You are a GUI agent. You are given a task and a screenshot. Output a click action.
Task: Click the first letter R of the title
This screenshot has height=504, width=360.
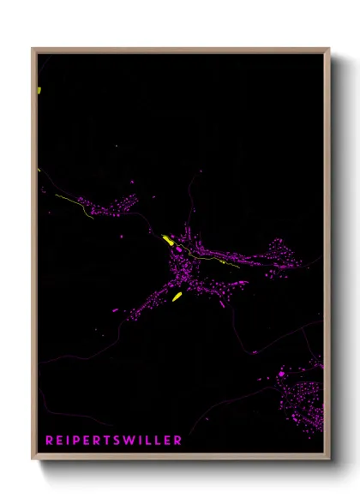[x=50, y=441]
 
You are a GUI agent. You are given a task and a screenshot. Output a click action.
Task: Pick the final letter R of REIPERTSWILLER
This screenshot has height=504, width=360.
[x=177, y=441]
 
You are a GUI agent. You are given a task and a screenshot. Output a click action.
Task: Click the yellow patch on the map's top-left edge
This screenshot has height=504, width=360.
[x=39, y=89]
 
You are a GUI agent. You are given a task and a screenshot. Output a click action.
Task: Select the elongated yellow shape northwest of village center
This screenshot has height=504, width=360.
[x=169, y=241]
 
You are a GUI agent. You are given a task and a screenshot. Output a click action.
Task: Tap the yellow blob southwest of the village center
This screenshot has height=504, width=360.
[x=177, y=297]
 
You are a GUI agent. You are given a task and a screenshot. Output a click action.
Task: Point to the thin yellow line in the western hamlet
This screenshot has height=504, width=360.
[x=74, y=206]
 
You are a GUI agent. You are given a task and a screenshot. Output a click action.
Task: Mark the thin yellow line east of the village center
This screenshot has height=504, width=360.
[x=214, y=259]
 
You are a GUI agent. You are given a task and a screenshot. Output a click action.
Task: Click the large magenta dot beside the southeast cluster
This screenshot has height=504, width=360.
[x=282, y=374]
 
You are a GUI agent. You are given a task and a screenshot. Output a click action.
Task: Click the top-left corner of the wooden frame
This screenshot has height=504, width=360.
[x=33, y=49]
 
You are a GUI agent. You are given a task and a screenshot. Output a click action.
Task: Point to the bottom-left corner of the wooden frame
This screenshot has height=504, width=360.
[x=33, y=459]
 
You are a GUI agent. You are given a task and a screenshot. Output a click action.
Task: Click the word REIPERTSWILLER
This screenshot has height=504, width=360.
[x=114, y=441]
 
